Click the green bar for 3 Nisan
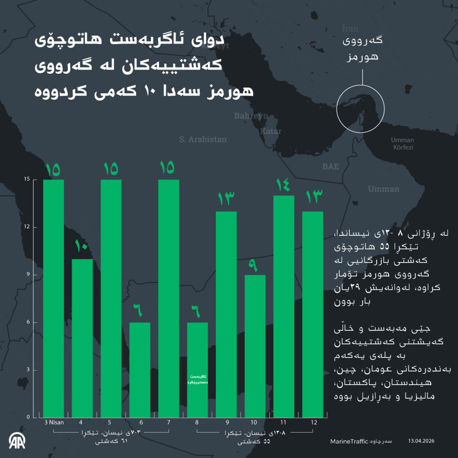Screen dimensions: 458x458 click(54, 299)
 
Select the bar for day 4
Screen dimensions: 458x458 click(82, 338)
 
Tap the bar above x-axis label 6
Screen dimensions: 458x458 click(140, 370)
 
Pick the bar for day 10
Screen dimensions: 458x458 click(255, 346)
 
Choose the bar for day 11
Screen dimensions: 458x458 click(283, 306)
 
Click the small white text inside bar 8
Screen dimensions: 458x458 click(198, 379)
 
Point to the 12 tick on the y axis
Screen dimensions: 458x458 click(27, 227)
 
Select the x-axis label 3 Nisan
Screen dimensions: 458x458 click(54, 422)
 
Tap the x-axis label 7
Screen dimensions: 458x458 click(168, 422)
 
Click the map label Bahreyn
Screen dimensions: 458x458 click(251, 116)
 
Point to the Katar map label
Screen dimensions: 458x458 click(271, 131)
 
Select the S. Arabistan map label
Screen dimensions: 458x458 click(202, 139)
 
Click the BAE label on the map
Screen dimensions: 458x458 click(330, 167)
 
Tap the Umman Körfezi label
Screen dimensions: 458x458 click(403, 144)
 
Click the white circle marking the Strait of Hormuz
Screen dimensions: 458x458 click(360, 108)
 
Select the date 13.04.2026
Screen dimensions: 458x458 click(421, 441)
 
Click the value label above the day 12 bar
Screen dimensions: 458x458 click(314, 197)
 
